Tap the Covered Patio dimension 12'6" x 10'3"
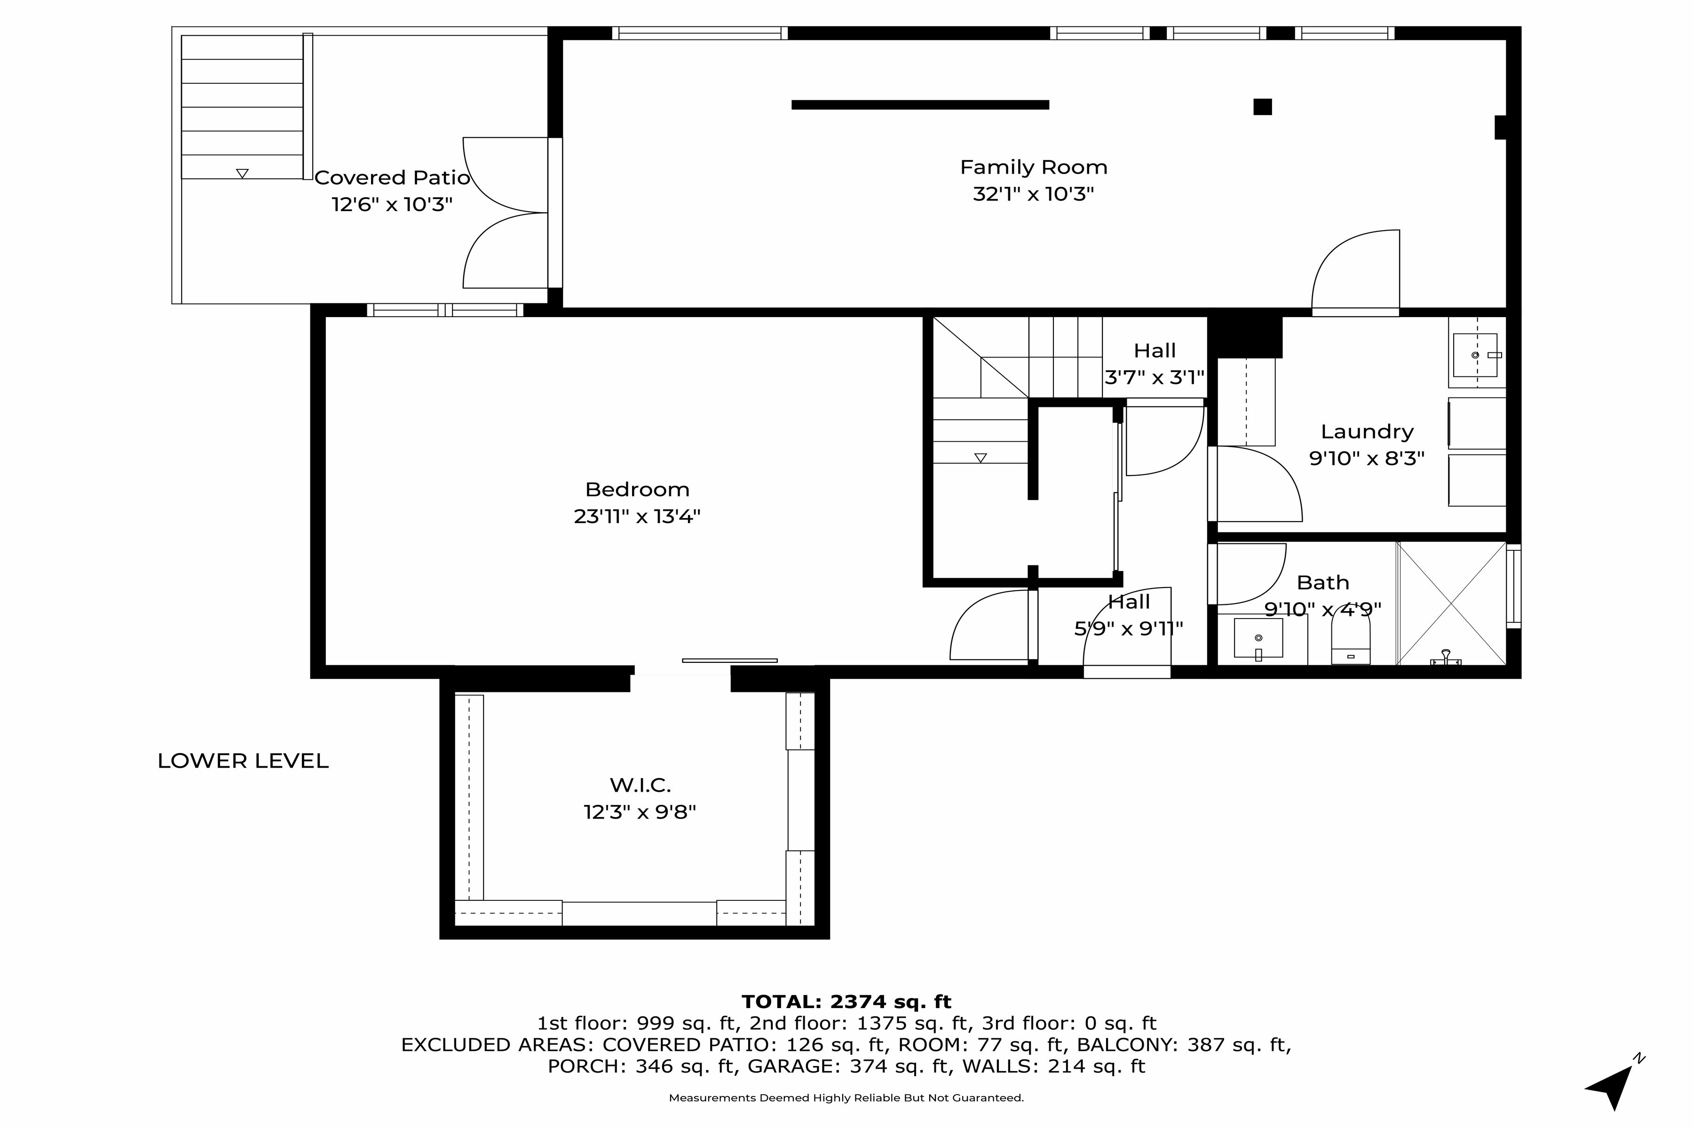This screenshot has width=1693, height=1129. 392,205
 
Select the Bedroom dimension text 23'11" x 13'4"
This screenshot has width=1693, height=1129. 637,516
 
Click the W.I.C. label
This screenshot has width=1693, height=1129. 640,784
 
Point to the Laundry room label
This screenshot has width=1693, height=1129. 1366,431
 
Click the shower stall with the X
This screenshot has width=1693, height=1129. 1451,604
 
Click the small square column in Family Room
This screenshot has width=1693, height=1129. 1263,107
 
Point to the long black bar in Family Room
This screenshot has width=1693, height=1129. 920,105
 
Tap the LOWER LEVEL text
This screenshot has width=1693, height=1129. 243,761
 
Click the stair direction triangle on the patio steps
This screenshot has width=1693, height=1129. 243,174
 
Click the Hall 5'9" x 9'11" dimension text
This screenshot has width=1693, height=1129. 1128,628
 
